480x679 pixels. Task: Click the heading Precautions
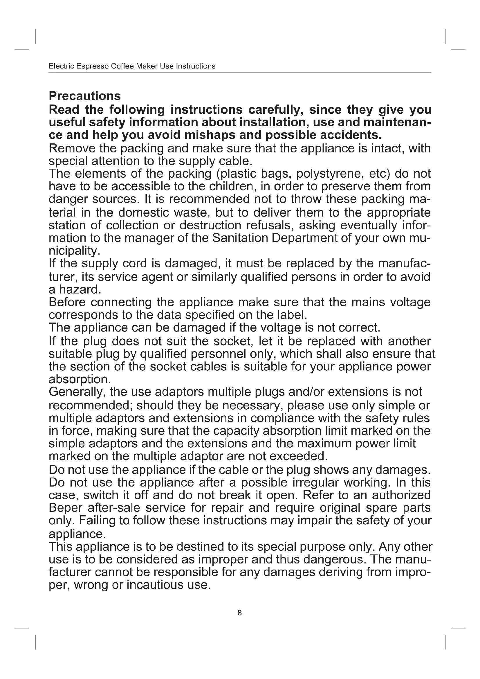coord(84,96)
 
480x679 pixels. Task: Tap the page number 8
coord(239,613)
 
